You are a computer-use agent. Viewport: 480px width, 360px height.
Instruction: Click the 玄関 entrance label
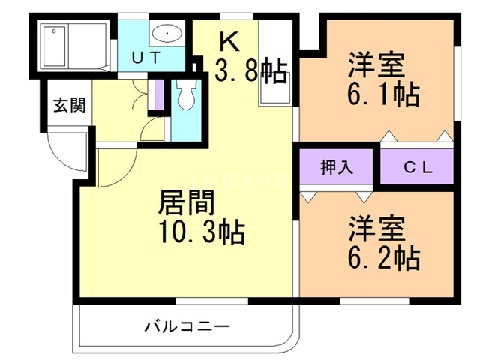click(x=68, y=104)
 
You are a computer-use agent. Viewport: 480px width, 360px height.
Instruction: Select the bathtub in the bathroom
click(x=75, y=44)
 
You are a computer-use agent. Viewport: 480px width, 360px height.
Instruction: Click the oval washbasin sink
click(x=166, y=33)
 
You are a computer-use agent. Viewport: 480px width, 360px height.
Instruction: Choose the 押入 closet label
click(x=337, y=168)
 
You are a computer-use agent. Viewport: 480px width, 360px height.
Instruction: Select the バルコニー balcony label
click(x=186, y=327)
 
